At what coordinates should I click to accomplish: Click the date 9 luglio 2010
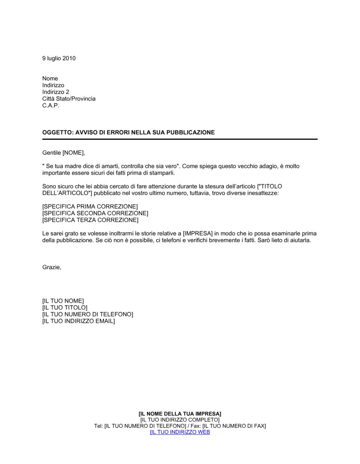(x=59, y=58)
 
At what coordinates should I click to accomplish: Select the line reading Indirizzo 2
(x=55, y=92)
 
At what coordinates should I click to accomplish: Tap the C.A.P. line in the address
(x=51, y=105)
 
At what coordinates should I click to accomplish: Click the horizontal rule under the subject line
(x=180, y=139)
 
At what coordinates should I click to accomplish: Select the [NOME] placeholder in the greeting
(x=73, y=153)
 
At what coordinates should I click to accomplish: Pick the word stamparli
(x=162, y=173)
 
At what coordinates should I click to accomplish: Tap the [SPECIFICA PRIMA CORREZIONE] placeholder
(x=90, y=206)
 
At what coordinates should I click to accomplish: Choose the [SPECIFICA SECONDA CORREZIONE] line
(x=95, y=213)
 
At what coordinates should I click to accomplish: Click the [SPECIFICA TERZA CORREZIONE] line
(x=90, y=220)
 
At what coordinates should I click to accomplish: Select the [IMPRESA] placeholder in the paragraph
(x=198, y=233)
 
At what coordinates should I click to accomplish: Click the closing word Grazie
(x=51, y=267)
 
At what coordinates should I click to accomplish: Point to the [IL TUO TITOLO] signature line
(x=65, y=308)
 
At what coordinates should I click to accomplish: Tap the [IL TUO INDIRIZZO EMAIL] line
(x=78, y=321)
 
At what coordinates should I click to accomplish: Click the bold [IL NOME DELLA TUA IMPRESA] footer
(x=180, y=414)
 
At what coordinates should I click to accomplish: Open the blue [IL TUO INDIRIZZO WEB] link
(x=180, y=432)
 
